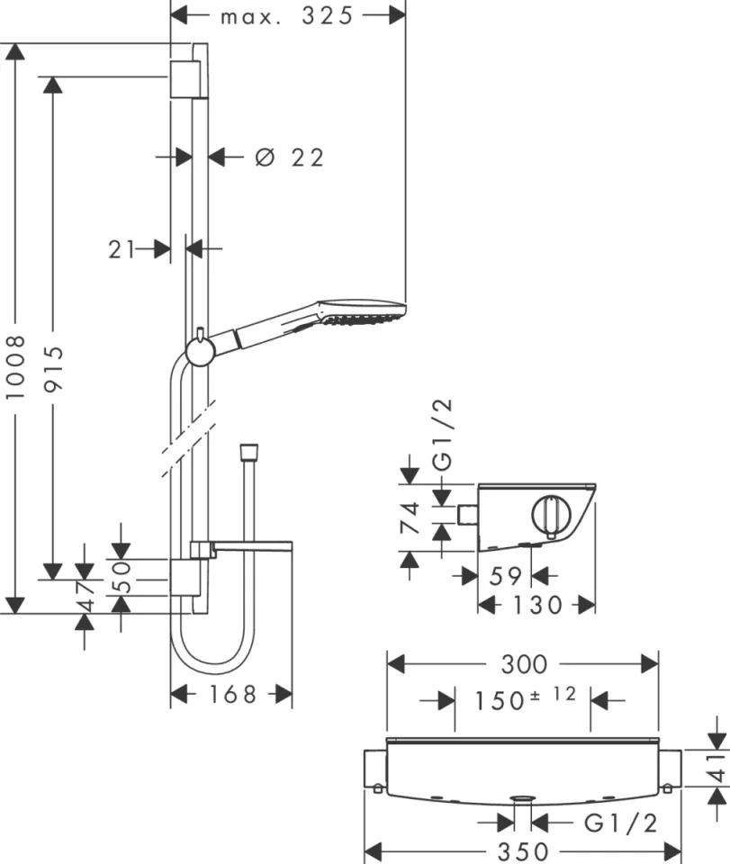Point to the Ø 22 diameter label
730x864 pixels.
point(289,157)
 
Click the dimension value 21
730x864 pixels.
point(122,249)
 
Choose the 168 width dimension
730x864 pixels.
point(230,694)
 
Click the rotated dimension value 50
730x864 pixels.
point(122,577)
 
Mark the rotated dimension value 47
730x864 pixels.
point(85,595)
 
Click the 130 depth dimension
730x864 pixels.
point(536,605)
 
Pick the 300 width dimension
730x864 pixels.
point(523,664)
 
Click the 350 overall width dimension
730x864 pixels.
point(523,851)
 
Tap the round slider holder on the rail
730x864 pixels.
point(200,350)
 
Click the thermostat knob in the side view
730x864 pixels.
point(550,516)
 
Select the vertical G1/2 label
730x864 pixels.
point(444,436)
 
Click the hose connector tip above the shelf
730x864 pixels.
point(248,450)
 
